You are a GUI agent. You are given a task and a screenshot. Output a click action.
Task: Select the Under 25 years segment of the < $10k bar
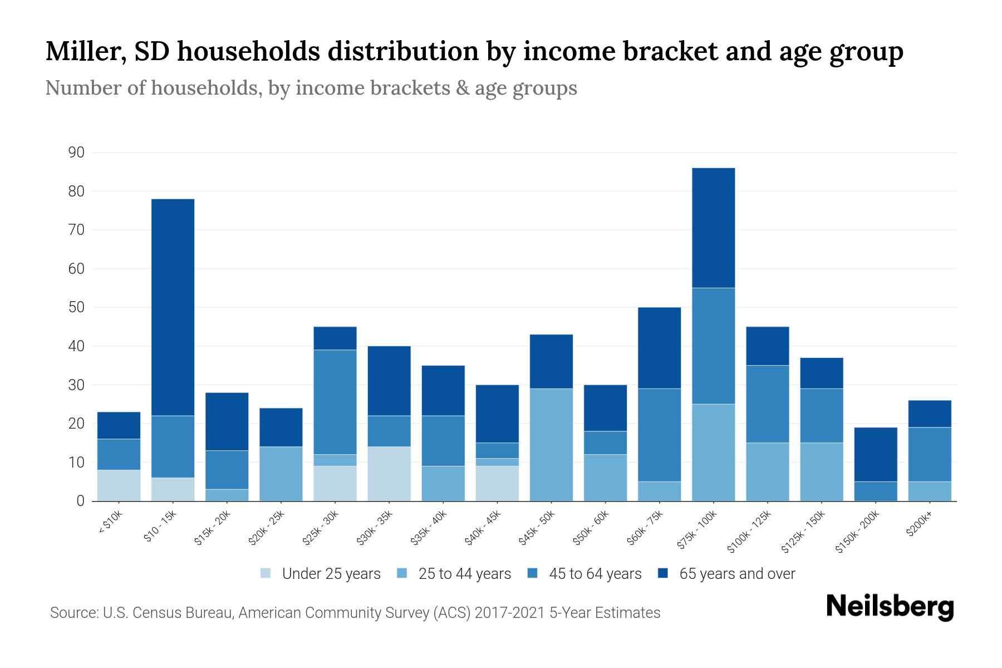click(119, 485)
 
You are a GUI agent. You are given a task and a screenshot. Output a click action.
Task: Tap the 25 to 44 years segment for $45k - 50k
click(551, 445)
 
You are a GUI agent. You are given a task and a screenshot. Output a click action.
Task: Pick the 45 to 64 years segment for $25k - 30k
click(335, 402)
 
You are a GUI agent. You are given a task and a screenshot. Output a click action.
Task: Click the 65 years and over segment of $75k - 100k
click(713, 228)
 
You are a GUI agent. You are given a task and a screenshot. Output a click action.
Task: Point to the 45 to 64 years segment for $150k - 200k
click(875, 491)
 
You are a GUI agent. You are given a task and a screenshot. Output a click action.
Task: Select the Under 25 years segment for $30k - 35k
click(389, 474)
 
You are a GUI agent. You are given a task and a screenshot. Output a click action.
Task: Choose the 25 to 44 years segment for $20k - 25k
click(281, 474)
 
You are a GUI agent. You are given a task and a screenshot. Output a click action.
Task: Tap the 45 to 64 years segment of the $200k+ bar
click(929, 454)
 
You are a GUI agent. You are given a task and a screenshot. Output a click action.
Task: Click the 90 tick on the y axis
click(77, 153)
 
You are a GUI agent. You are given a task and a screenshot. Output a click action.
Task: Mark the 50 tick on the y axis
click(77, 307)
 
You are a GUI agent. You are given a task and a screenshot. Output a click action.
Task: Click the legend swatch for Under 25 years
click(266, 573)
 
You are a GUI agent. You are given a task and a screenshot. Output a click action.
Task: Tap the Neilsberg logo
click(889, 607)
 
